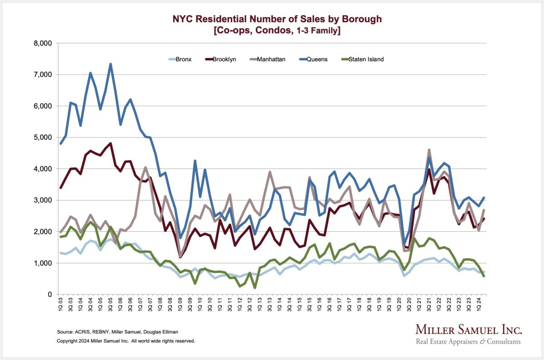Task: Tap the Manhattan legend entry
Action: pos(270,59)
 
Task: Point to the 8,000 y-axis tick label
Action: pos(44,44)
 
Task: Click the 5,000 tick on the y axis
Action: pos(44,137)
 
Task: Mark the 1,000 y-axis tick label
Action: pos(44,263)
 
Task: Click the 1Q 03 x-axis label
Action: pos(60,306)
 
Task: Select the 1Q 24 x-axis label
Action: pos(476,306)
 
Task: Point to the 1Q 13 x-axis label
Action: pos(259,306)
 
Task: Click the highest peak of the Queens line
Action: pos(110,64)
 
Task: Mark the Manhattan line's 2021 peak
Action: pos(429,150)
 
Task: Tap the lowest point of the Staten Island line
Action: pos(255,287)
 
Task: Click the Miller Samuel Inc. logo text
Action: pos(469,330)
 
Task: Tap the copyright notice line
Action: pos(126,341)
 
